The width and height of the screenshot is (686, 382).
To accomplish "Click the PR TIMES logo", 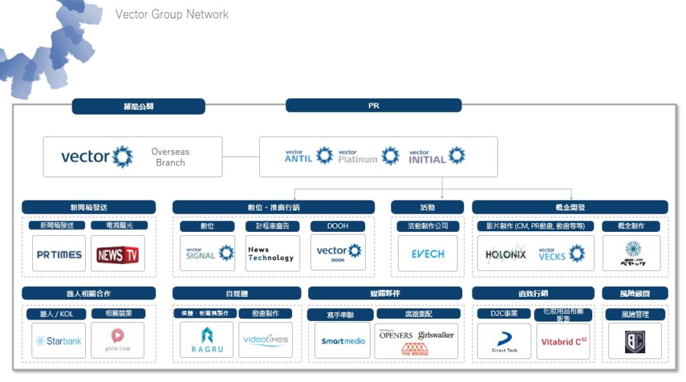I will point(59,255).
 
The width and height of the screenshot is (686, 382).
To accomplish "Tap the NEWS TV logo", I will point(118,255).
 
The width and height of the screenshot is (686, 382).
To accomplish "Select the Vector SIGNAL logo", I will point(208,253).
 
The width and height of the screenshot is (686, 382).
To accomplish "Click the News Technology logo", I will point(271,253).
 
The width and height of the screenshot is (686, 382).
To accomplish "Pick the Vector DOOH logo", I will point(338,253).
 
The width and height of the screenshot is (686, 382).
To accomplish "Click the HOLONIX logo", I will point(506,255).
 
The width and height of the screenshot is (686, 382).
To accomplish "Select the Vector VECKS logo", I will point(561,253).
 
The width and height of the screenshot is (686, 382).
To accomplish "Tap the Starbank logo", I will point(59,340).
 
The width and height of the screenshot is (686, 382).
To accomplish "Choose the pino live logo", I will point(118,340).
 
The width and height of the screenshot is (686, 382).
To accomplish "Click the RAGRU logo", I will point(207,339).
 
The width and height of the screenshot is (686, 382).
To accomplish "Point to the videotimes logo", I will point(265,340).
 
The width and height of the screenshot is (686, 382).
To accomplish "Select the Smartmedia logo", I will point(342,341).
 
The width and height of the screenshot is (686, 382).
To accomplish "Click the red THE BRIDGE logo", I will point(415,348).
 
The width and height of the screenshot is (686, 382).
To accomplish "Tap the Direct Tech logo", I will point(504,341).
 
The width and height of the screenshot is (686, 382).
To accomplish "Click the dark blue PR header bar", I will point(373,105).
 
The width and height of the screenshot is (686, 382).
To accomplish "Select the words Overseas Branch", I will point(170,157).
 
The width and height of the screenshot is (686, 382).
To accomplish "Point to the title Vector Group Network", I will point(172,14).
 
